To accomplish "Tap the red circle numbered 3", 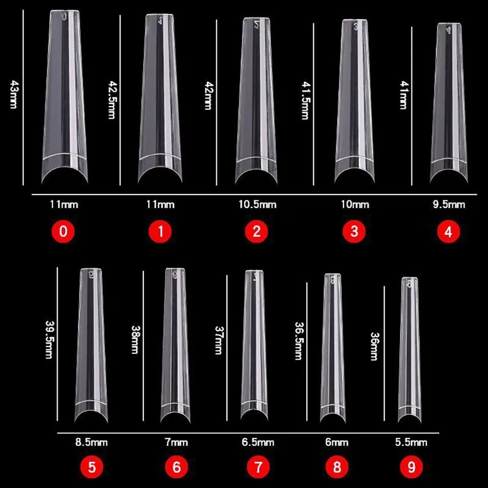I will (354, 232).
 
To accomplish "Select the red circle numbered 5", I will (91, 467).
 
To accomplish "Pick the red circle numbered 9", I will (411, 467).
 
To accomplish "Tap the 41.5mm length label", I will (305, 100).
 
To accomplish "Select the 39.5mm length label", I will (49, 340).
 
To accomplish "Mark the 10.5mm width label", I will (257, 205).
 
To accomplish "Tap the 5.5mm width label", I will (411, 442).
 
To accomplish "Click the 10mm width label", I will (354, 205).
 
